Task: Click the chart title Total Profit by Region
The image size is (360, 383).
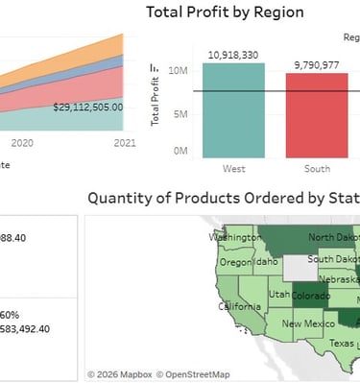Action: [224, 12]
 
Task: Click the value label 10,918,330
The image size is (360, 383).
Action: [233, 55]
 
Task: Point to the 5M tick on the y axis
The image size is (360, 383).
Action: [179, 111]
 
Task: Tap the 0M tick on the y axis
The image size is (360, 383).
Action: [179, 152]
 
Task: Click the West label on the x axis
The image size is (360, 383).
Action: [233, 169]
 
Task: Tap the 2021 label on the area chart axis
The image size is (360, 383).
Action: [124, 143]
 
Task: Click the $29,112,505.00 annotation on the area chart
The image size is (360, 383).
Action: [88, 108]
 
